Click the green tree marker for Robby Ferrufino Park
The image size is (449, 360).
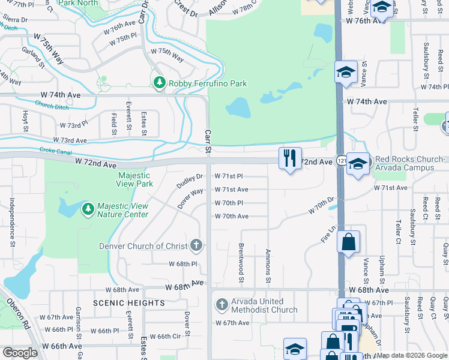160,83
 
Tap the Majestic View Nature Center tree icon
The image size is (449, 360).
88,208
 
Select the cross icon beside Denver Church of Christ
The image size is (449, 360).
196,245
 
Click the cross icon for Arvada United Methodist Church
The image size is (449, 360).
221,304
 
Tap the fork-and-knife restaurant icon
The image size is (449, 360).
290,158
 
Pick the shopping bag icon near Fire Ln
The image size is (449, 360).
348,242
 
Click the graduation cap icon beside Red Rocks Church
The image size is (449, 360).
357,164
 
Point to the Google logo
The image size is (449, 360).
20,353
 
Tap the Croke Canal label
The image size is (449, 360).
52,151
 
